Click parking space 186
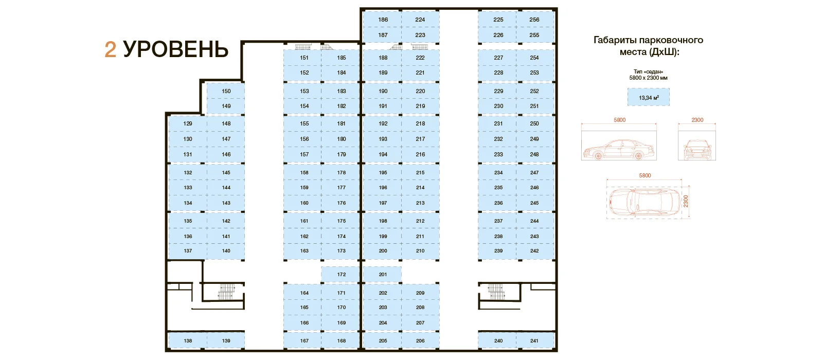click(382, 20)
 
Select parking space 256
click(535, 20)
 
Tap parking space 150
click(226, 91)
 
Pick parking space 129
click(187, 123)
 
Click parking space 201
click(382, 275)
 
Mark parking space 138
click(187, 340)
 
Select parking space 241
click(535, 340)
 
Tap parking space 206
click(420, 340)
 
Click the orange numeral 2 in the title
click(110, 49)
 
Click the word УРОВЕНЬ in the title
click(175, 49)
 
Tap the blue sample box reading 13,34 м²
click(649, 97)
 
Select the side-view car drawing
click(619, 149)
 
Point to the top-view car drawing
click(645, 203)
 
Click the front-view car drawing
click(697, 149)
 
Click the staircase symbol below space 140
click(226, 292)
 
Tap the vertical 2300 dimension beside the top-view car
click(686, 201)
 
